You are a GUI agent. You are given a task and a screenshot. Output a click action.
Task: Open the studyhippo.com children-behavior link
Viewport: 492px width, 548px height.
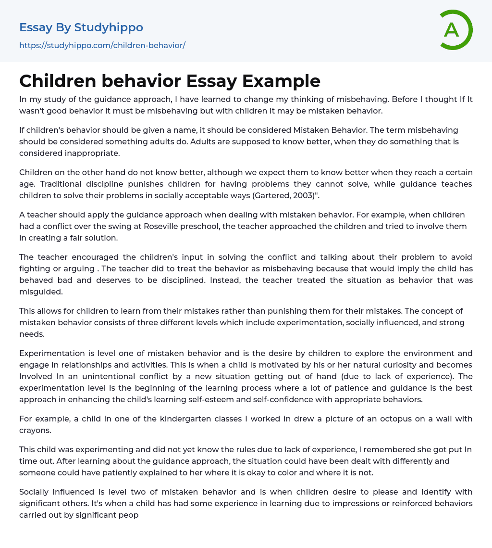tap(102, 45)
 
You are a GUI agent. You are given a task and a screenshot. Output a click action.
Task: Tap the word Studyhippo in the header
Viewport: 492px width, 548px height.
tap(109, 27)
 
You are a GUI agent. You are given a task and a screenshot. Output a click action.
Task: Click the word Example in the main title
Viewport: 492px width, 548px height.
tap(281, 81)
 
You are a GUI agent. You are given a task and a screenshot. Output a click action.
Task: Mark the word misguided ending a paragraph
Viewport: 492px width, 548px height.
tap(40, 292)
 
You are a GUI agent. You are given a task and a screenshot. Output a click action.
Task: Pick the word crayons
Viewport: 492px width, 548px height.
tap(36, 430)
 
